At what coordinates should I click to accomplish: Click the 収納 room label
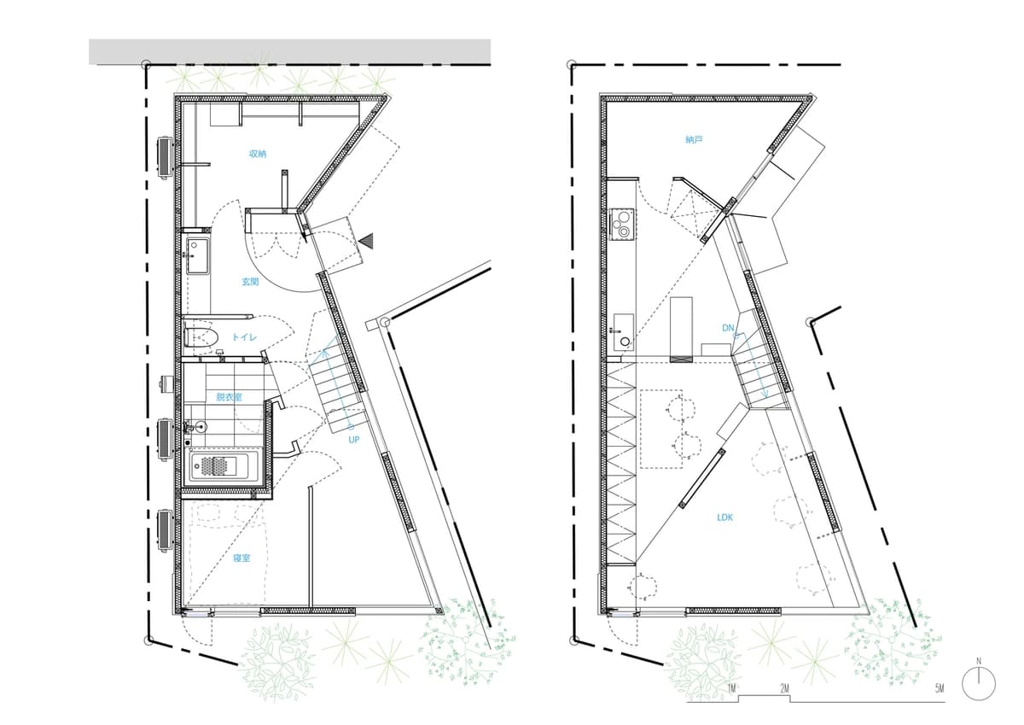[258, 154]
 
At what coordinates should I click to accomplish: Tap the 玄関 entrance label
[250, 281]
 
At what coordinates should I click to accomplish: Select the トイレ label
[244, 337]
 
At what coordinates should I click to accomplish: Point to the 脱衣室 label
[229, 397]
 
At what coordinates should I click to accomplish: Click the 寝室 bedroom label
[241, 558]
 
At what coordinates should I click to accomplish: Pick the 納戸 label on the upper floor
[694, 139]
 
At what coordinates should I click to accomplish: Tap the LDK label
[725, 517]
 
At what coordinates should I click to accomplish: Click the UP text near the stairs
[354, 440]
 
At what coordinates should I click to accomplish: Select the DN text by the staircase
[728, 328]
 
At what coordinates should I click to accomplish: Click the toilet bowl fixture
[201, 337]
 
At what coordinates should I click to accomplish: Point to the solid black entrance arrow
[367, 241]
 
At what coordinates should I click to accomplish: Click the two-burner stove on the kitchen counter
[622, 223]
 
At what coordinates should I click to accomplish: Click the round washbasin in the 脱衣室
[201, 427]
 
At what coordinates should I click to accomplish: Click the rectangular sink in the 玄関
[198, 254]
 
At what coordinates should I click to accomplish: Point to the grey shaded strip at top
[290, 52]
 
